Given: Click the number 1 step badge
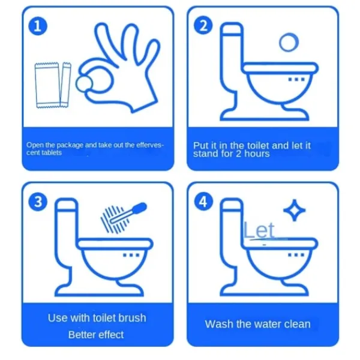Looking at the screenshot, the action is tap(38, 26).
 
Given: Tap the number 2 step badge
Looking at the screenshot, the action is tap(203, 25).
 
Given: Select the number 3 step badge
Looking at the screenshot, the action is tap(38, 202).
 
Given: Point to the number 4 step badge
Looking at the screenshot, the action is tap(203, 202).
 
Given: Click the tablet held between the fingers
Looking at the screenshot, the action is tap(84, 84).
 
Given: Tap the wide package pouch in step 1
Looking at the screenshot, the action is tap(47, 85).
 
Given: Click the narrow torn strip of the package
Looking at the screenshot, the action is tap(65, 85).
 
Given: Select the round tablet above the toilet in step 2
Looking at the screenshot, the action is tap(289, 42).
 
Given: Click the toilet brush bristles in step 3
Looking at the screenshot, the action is tap(114, 219).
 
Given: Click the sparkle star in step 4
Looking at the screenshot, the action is tap(295, 210).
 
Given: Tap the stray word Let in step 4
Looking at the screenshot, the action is tap(259, 230).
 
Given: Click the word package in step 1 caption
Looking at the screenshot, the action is tap(70, 145).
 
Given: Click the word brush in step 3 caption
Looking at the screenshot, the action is tap(133, 318).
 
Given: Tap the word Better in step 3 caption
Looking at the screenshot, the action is tap(80, 335).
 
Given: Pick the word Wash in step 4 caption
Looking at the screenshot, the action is tap(219, 324).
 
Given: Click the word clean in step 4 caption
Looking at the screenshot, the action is tap(298, 324).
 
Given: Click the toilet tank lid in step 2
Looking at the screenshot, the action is tap(232, 29).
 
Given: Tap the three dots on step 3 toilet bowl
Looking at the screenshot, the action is tap(131, 255).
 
